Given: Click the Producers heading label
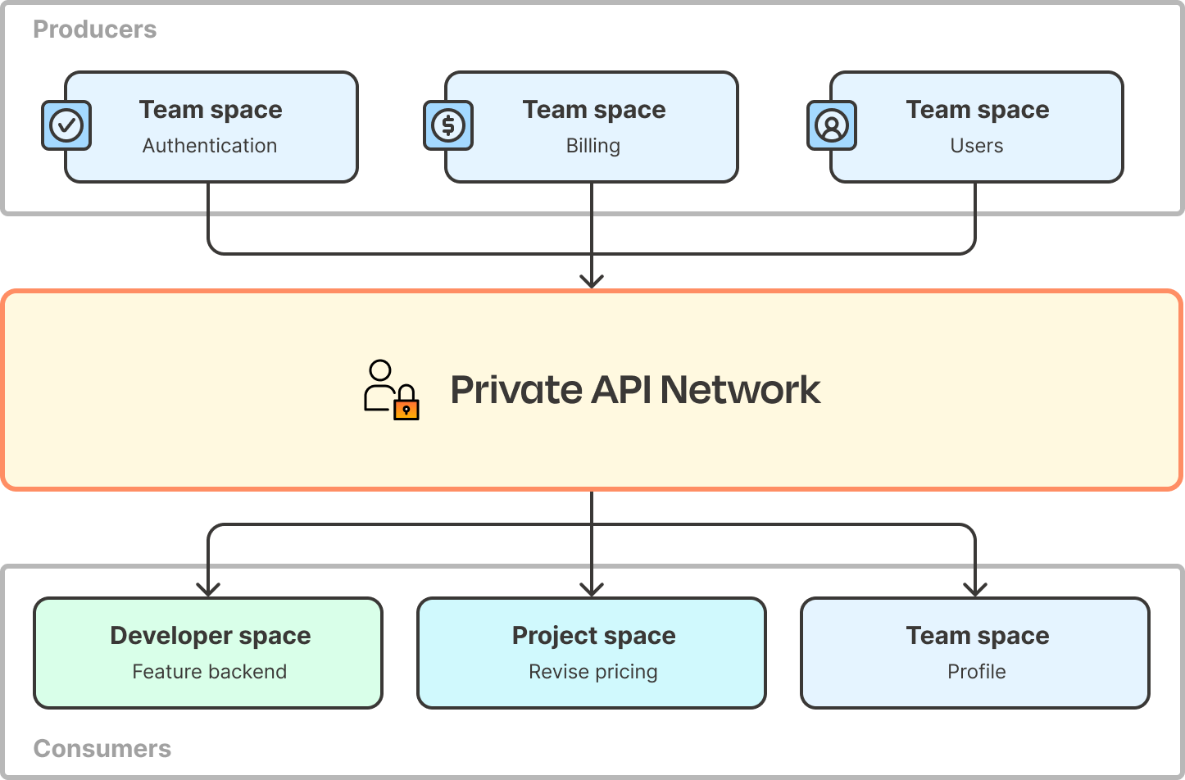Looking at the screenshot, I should pyautogui.click(x=94, y=29).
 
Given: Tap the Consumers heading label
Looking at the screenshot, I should pyautogui.click(x=102, y=748).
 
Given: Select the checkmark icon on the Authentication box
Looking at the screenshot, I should pyautogui.click(x=66, y=125).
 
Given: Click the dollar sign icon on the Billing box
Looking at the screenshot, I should pyautogui.click(x=448, y=125).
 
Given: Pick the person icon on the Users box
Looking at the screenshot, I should pyautogui.click(x=832, y=125).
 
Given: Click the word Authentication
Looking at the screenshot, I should pyautogui.click(x=210, y=146).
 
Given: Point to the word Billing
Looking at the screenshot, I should pyautogui.click(x=592, y=146).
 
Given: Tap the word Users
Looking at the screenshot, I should pyautogui.click(x=976, y=146).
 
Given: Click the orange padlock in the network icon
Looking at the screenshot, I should pyautogui.click(x=406, y=406).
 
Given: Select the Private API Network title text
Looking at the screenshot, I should pyautogui.click(x=635, y=390).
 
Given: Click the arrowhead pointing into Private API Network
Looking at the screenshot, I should pyautogui.click(x=592, y=281).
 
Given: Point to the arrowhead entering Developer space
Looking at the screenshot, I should pyautogui.click(x=209, y=588).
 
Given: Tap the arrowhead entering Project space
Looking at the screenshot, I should pyautogui.click(x=592, y=588).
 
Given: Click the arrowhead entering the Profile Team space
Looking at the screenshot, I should pyautogui.click(x=975, y=588).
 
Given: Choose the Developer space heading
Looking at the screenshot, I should pyautogui.click(x=210, y=636).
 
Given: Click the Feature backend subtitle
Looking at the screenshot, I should pyautogui.click(x=210, y=672).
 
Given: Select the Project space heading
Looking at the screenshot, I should pyautogui.click(x=593, y=636).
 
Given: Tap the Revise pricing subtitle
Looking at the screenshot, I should pyautogui.click(x=592, y=672).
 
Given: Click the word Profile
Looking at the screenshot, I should pyautogui.click(x=976, y=672).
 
